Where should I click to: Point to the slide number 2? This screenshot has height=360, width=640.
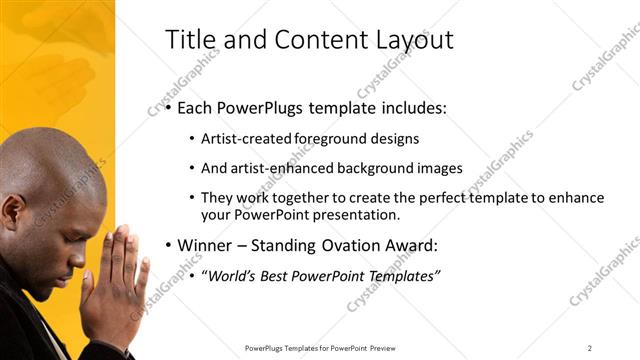(590, 347)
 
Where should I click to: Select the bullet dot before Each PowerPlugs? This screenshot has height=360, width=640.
(169, 108)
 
